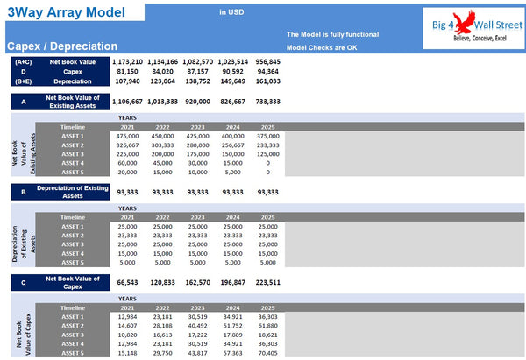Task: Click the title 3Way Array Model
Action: tap(64, 13)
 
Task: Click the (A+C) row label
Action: tap(24, 61)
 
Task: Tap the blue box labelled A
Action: tap(23, 102)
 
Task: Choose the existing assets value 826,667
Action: tap(232, 102)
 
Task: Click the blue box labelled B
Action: tap(23, 191)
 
